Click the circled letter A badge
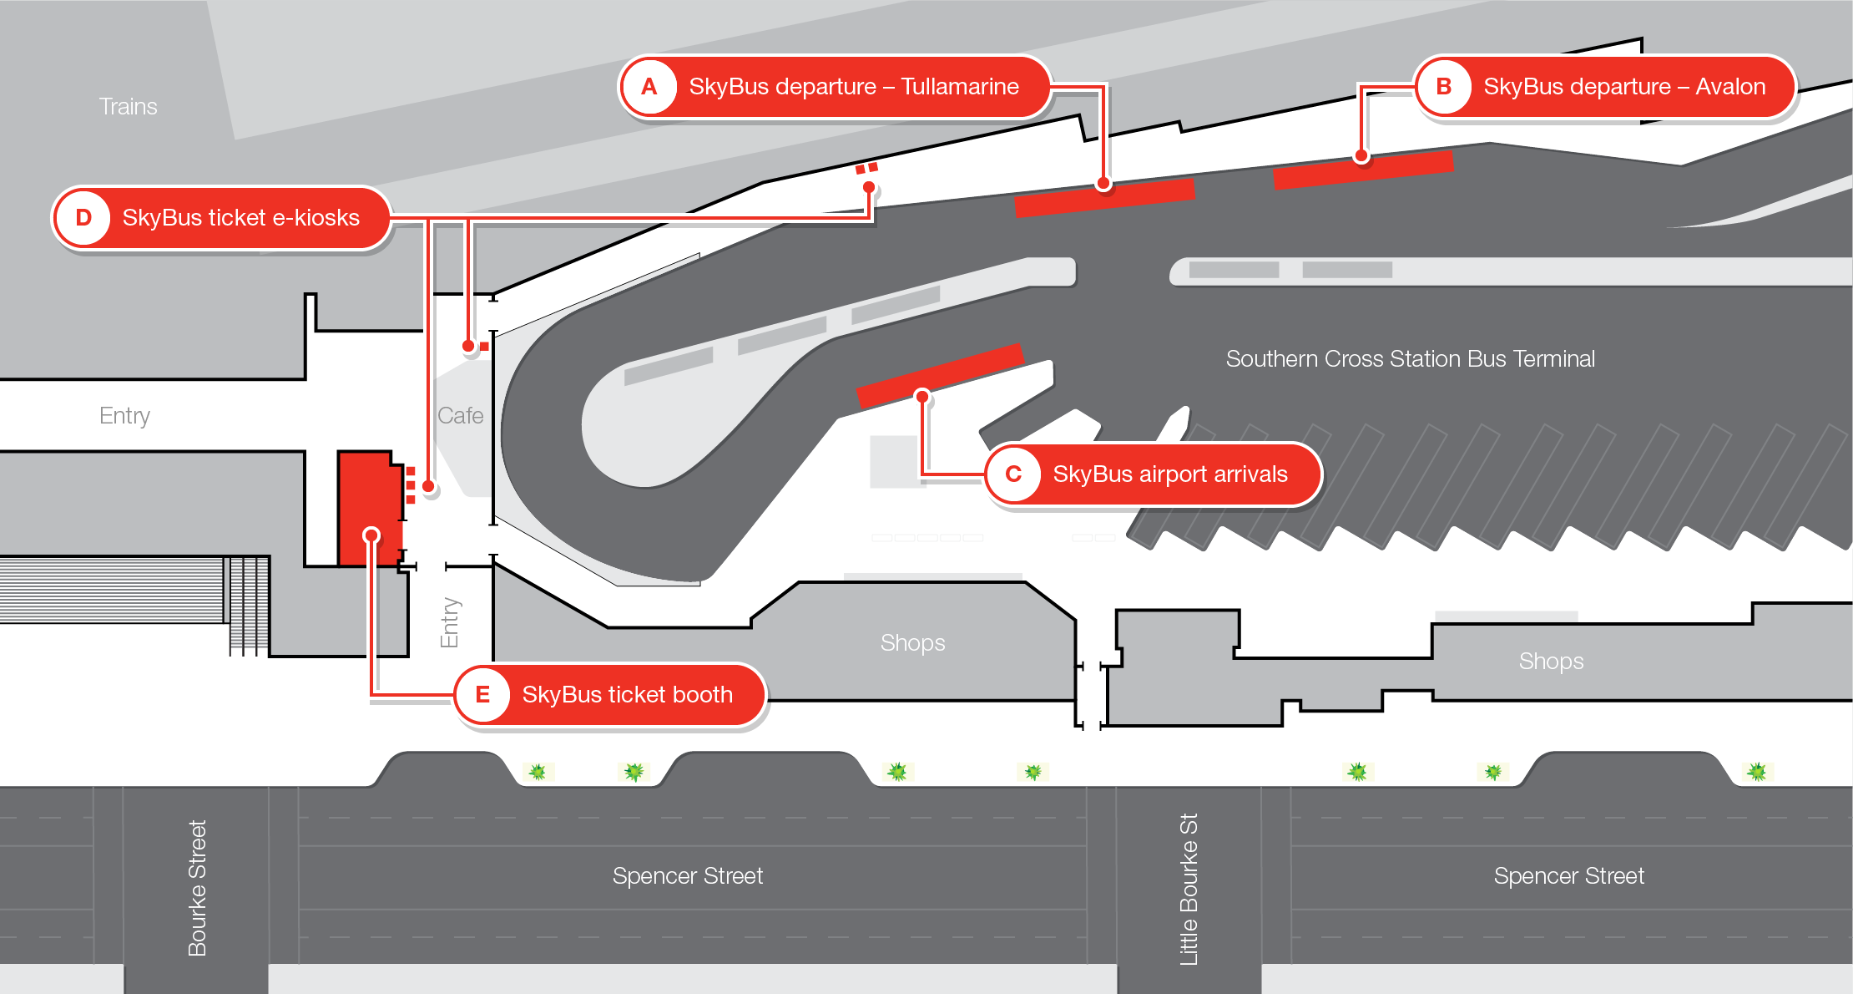[x=649, y=87]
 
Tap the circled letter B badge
[x=1443, y=87]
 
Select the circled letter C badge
[x=1013, y=474]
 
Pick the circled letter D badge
[x=83, y=218]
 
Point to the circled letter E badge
[x=482, y=695]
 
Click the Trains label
[x=128, y=107]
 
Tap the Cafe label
[x=460, y=416]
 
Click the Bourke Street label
[x=197, y=888]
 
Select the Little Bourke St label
[x=1189, y=890]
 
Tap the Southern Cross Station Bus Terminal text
[x=1410, y=359]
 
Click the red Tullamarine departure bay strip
[x=1104, y=198]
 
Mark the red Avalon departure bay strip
[x=1363, y=170]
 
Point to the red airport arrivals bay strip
[x=940, y=375]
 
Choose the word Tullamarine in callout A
[x=960, y=87]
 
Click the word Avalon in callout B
[x=1730, y=87]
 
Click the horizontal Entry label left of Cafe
[x=124, y=416]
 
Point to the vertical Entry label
[x=450, y=622]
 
